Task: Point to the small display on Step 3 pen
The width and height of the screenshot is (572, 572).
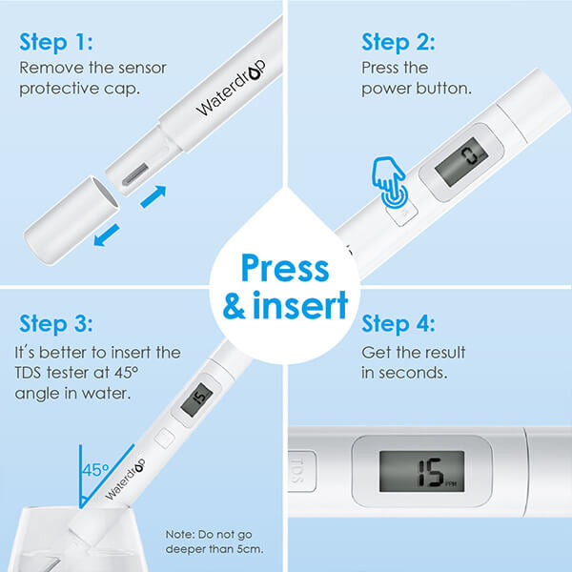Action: pos(197,398)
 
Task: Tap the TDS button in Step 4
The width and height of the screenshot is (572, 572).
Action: pos(302,470)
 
